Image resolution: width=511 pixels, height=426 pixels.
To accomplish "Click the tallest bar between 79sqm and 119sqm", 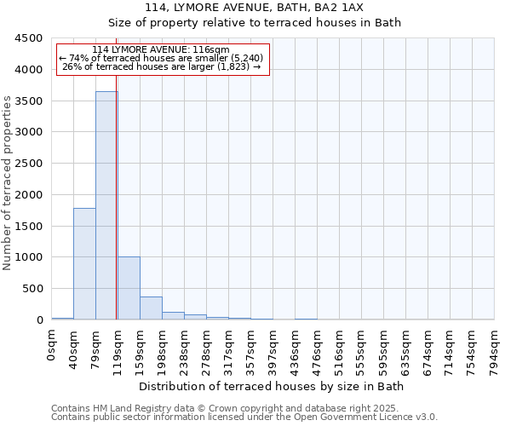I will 106,205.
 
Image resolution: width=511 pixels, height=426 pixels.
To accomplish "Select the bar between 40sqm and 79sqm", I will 84,263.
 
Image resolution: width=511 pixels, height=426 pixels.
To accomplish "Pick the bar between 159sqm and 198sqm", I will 151,308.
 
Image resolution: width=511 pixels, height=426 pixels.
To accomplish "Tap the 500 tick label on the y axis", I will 32,289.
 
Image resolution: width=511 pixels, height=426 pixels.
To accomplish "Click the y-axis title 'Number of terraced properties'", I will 8,183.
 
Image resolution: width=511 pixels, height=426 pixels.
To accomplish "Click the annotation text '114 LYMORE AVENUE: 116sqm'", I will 161,50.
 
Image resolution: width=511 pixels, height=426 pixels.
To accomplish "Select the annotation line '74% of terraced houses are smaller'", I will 161,58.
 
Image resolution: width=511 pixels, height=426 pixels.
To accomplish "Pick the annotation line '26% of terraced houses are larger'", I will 161,66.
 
